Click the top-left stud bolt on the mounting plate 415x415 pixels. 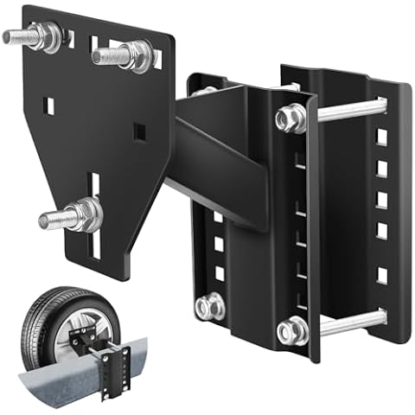[x=35, y=36]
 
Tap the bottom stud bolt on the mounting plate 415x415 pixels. [x=73, y=214]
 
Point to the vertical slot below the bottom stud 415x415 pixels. [x=95, y=246]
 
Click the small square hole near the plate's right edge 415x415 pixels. [x=138, y=131]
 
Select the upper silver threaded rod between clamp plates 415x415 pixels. [x=350, y=110]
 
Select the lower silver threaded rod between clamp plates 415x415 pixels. [x=350, y=322]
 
